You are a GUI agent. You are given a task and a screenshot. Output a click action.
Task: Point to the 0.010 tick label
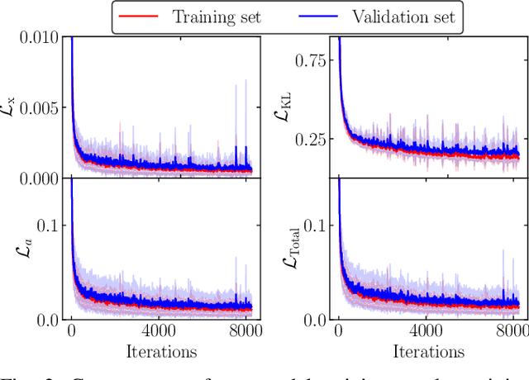pyautogui.click(x=39, y=38)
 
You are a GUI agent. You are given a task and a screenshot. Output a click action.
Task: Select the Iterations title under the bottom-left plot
pyautogui.click(x=161, y=352)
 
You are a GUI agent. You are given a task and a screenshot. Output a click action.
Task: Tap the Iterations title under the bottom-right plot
pyautogui.click(x=428, y=352)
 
